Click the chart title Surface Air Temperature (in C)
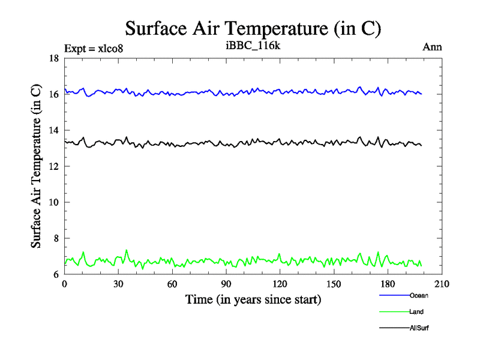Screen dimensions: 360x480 (x=253, y=28)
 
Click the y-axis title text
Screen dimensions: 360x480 (x=36, y=166)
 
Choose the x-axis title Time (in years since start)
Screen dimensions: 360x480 (x=253, y=299)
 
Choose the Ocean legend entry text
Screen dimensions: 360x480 (x=419, y=295)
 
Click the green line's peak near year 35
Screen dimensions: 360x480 (x=126, y=250)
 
